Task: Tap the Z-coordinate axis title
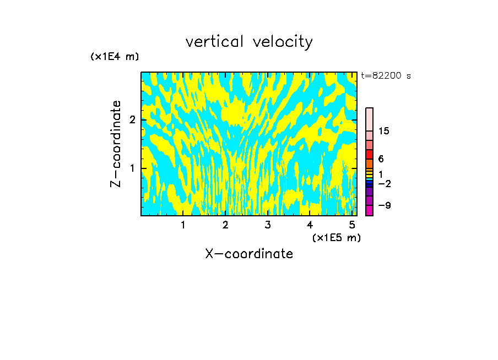[x=116, y=144]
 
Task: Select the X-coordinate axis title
[x=249, y=254]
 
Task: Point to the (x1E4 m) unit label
[x=115, y=57]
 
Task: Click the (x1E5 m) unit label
[x=336, y=237]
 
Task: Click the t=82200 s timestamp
[x=386, y=76]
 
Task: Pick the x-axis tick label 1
[x=183, y=225]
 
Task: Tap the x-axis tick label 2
[x=225, y=225]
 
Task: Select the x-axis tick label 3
[x=268, y=225]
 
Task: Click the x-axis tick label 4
[x=310, y=225]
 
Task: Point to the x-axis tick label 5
[x=352, y=225]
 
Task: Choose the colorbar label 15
[x=384, y=131]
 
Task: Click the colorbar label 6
[x=381, y=159]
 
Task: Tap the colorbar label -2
[x=384, y=183]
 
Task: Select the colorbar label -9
[x=384, y=205]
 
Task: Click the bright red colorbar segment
[x=369, y=155]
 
